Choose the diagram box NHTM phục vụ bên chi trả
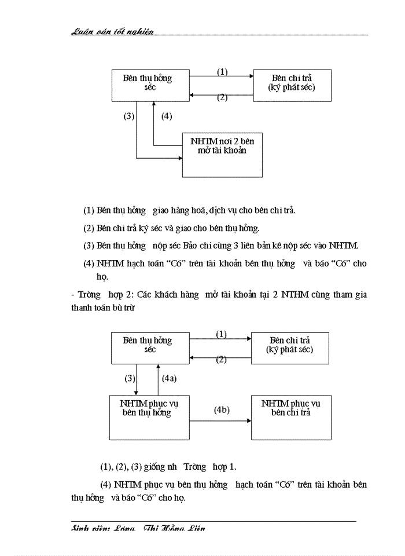click(290, 417)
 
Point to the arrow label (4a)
click(169, 378)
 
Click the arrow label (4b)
click(222, 410)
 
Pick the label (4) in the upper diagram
click(167, 116)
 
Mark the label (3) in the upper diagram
click(129, 116)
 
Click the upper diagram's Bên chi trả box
click(292, 85)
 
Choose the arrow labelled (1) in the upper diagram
click(222, 76)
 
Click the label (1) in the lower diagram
click(221, 334)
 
